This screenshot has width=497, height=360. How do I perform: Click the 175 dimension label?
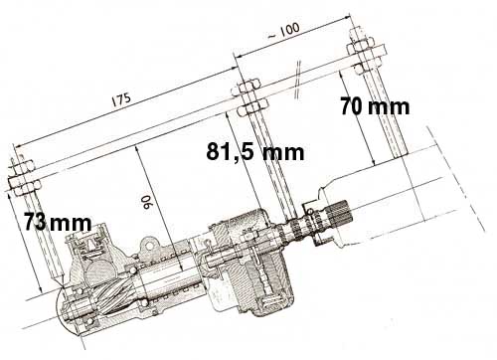(121, 98)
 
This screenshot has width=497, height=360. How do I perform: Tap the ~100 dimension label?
(283, 32)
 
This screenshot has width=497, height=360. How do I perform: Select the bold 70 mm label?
(375, 106)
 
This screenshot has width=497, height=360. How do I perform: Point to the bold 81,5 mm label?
(255, 152)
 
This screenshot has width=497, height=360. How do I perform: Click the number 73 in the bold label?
(35, 222)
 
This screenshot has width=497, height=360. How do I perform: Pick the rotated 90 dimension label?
(146, 202)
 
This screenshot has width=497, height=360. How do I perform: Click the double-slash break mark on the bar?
(298, 79)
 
